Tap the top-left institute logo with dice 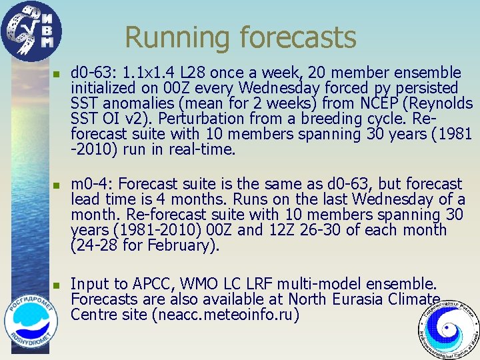[x=31, y=31]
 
